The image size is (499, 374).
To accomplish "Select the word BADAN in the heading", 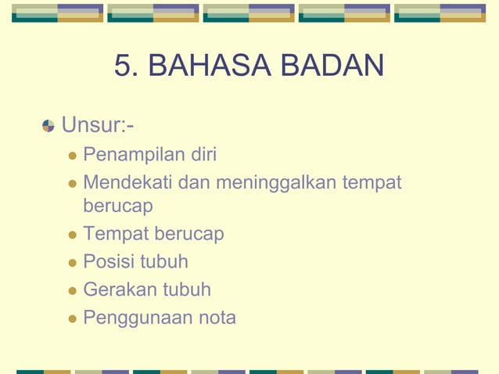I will tap(325, 67).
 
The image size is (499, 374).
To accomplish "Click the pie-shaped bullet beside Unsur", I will tap(48, 125).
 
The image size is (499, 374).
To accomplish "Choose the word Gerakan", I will tap(120, 290).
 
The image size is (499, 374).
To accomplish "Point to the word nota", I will tap(218, 318).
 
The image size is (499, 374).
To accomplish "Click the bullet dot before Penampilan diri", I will tap(73, 155).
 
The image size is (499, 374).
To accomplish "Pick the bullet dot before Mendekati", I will tap(73, 184).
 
